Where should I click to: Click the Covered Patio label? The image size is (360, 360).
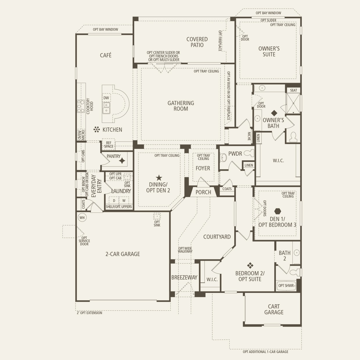[x=197, y=42]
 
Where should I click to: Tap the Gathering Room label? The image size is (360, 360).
[x=181, y=106]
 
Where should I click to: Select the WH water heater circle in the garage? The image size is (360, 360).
[x=82, y=217]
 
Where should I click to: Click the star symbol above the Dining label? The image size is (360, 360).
[x=159, y=178]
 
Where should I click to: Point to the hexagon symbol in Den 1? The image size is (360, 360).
[x=278, y=211]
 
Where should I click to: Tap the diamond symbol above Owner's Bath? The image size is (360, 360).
[x=274, y=113]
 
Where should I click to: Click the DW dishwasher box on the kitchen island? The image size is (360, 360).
[x=106, y=98]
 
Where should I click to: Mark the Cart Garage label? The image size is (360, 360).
[x=273, y=309]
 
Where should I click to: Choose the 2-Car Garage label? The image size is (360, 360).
[x=123, y=254]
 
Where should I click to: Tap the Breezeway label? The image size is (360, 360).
[x=184, y=278]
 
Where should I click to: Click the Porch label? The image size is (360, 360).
[x=203, y=192]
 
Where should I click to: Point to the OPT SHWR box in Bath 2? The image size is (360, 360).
[x=286, y=286]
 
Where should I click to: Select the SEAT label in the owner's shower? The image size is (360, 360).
[x=294, y=90]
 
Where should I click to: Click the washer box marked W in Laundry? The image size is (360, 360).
[x=124, y=201]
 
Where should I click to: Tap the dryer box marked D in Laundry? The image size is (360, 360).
[x=114, y=201]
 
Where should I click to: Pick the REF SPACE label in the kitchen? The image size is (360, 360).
[x=109, y=145]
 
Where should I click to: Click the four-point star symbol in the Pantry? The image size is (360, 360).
[x=122, y=161]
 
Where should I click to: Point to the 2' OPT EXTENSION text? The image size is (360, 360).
[x=89, y=313]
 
